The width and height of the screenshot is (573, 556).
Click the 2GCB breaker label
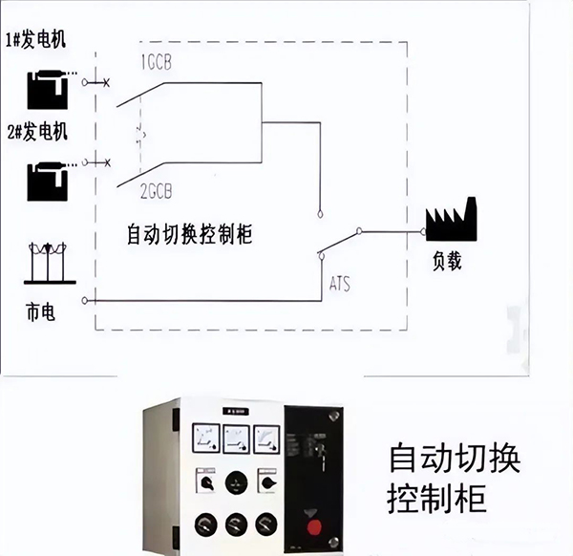[155, 191]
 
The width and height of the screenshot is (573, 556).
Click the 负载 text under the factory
[446, 260]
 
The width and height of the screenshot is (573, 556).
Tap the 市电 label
[40, 311]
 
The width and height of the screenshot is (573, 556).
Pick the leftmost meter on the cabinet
[205, 440]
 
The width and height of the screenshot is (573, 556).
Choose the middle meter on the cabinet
[235, 440]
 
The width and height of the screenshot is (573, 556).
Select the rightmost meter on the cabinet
[265, 440]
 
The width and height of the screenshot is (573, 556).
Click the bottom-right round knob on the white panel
[266, 524]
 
